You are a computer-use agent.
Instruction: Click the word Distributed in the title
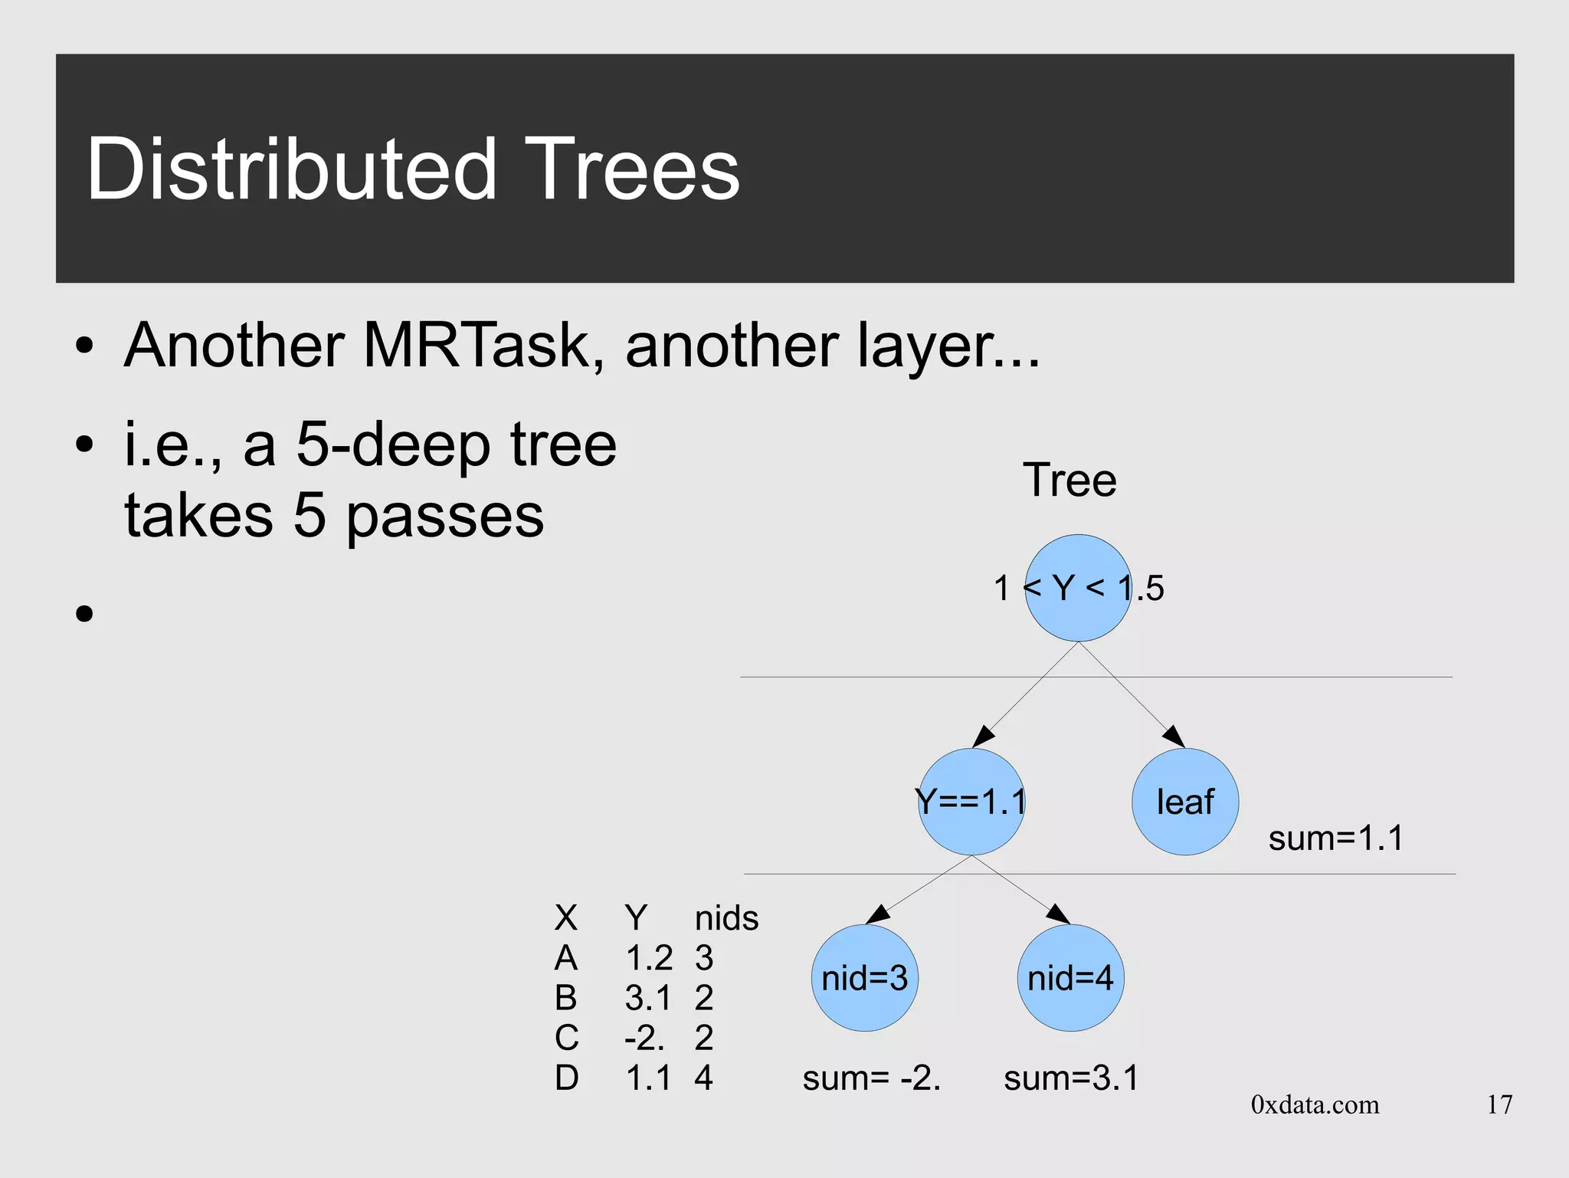[x=292, y=169]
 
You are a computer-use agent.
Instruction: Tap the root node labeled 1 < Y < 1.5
[x=1078, y=589]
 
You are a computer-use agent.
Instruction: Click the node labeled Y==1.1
[x=971, y=802]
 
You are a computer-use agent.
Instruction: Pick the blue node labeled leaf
[x=1185, y=802]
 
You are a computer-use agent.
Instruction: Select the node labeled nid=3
[x=864, y=978]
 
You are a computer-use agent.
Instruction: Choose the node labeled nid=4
[x=1070, y=978]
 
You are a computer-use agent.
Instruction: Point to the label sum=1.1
[x=1335, y=838]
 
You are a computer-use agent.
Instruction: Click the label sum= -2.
[x=871, y=1078]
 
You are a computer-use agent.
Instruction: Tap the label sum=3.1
[x=1071, y=1078]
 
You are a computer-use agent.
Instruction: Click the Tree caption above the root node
[x=1069, y=481]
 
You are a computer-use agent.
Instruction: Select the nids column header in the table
[x=726, y=917]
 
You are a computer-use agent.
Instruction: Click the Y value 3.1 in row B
[x=647, y=998]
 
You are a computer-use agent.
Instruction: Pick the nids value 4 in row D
[x=703, y=1078]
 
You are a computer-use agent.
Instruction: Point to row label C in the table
[x=566, y=1038]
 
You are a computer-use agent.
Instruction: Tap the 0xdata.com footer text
[x=1315, y=1104]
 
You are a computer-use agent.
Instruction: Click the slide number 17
[x=1499, y=1104]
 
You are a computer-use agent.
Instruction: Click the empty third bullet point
[x=84, y=613]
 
